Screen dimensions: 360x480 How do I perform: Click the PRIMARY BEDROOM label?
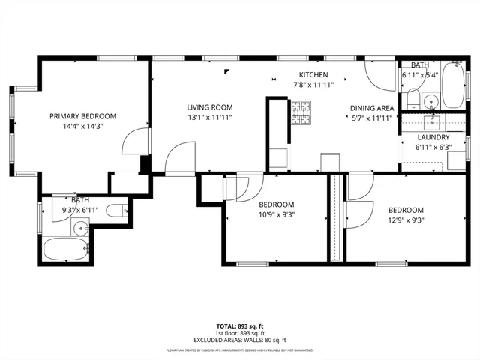point(82,115)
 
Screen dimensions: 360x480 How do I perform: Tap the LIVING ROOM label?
point(210,107)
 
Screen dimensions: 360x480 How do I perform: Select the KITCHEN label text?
point(313,75)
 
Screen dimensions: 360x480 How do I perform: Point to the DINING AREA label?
point(372,107)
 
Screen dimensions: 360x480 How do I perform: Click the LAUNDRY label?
point(433,137)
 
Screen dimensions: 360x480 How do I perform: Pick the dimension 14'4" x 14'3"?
point(82,126)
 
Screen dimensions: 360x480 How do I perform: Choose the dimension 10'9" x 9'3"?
point(276,214)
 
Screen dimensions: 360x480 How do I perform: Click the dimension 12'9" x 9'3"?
point(406,220)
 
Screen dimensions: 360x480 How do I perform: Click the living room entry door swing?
point(181,158)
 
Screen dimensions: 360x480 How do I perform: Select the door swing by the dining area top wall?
point(379,73)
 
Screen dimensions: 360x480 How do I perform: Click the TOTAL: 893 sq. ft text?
point(239,326)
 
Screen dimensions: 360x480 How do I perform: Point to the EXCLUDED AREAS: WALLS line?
point(239,340)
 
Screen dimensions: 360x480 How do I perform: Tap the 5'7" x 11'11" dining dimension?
point(372,118)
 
